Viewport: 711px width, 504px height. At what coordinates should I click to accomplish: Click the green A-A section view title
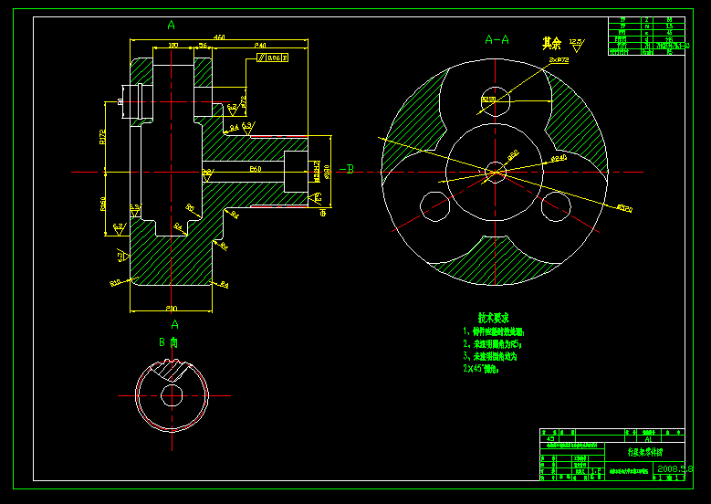point(497,39)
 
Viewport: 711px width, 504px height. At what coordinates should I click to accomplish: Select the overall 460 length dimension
point(219,37)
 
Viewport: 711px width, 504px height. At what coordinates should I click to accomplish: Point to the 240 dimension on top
point(260,45)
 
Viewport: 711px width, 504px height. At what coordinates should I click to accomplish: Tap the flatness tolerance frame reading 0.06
point(273,58)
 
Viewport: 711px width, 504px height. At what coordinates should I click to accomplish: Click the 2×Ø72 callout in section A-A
point(559,59)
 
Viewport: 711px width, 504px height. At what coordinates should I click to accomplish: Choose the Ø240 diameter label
point(559,158)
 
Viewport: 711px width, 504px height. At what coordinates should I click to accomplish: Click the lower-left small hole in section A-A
point(434,205)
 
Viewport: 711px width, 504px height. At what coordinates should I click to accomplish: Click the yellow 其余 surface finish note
point(551,43)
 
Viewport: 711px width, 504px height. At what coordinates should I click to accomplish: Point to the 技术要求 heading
point(494,318)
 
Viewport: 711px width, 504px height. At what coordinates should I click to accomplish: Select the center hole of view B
point(171,395)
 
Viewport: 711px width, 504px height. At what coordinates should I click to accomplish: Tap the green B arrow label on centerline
point(350,169)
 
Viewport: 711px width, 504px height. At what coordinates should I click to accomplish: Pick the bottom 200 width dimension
point(172,308)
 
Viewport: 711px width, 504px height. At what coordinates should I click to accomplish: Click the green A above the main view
point(171,25)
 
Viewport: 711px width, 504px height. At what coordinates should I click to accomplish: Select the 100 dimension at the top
point(173,45)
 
